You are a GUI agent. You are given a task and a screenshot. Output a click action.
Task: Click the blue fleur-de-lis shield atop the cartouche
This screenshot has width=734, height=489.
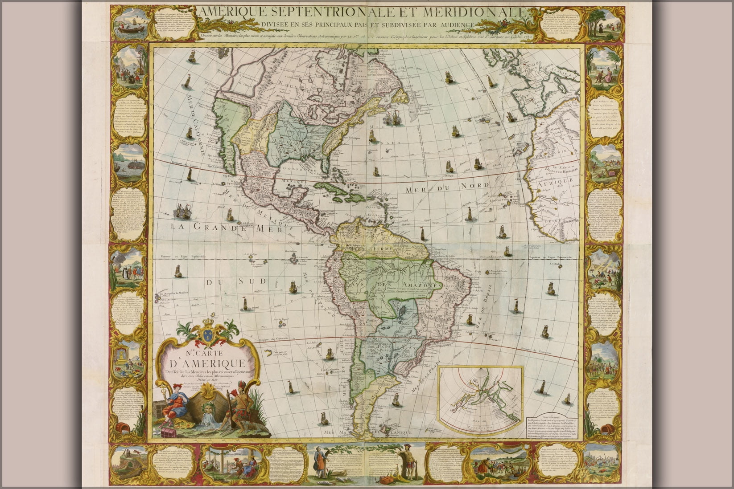pyautogui.click(x=207, y=334)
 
